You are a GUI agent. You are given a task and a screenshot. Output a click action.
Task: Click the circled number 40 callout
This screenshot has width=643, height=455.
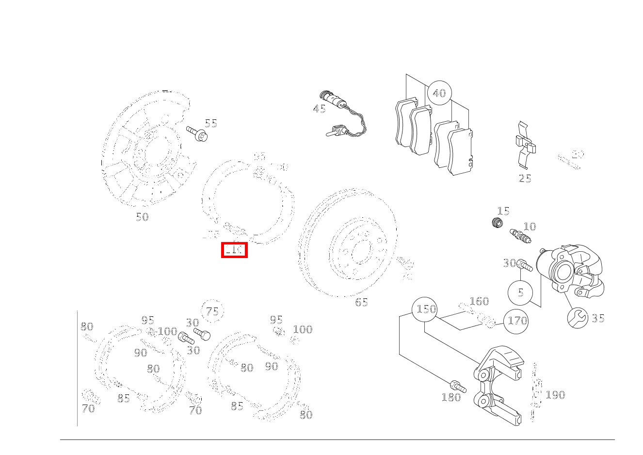point(439,93)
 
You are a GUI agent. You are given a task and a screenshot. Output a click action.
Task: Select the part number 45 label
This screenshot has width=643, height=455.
point(319,109)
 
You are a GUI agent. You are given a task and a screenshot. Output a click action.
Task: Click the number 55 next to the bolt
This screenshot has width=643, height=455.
point(210,123)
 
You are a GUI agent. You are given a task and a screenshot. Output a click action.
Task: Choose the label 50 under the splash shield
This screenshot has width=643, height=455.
point(142,217)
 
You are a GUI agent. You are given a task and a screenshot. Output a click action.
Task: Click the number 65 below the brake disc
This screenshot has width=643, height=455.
point(361,302)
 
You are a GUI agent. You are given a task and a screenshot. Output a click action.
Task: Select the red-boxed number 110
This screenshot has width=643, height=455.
point(234,250)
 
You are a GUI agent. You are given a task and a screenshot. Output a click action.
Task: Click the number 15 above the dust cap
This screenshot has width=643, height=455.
point(503,211)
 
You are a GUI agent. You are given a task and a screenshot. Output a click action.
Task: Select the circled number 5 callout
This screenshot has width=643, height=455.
point(520,292)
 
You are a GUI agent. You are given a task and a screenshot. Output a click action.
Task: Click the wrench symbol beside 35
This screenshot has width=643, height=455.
point(578,318)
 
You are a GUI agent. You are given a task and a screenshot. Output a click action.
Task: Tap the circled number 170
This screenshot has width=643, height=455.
point(516,321)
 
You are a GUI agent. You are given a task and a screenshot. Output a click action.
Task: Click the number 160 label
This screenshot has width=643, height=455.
point(479,301)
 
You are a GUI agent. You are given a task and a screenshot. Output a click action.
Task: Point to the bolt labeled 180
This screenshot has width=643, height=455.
point(458,387)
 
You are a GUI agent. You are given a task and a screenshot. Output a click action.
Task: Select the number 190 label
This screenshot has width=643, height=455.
point(555,395)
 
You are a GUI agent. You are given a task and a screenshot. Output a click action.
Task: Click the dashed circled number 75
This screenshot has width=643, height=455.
point(212,311)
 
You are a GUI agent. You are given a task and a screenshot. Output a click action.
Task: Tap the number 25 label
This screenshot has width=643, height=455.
point(525,179)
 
